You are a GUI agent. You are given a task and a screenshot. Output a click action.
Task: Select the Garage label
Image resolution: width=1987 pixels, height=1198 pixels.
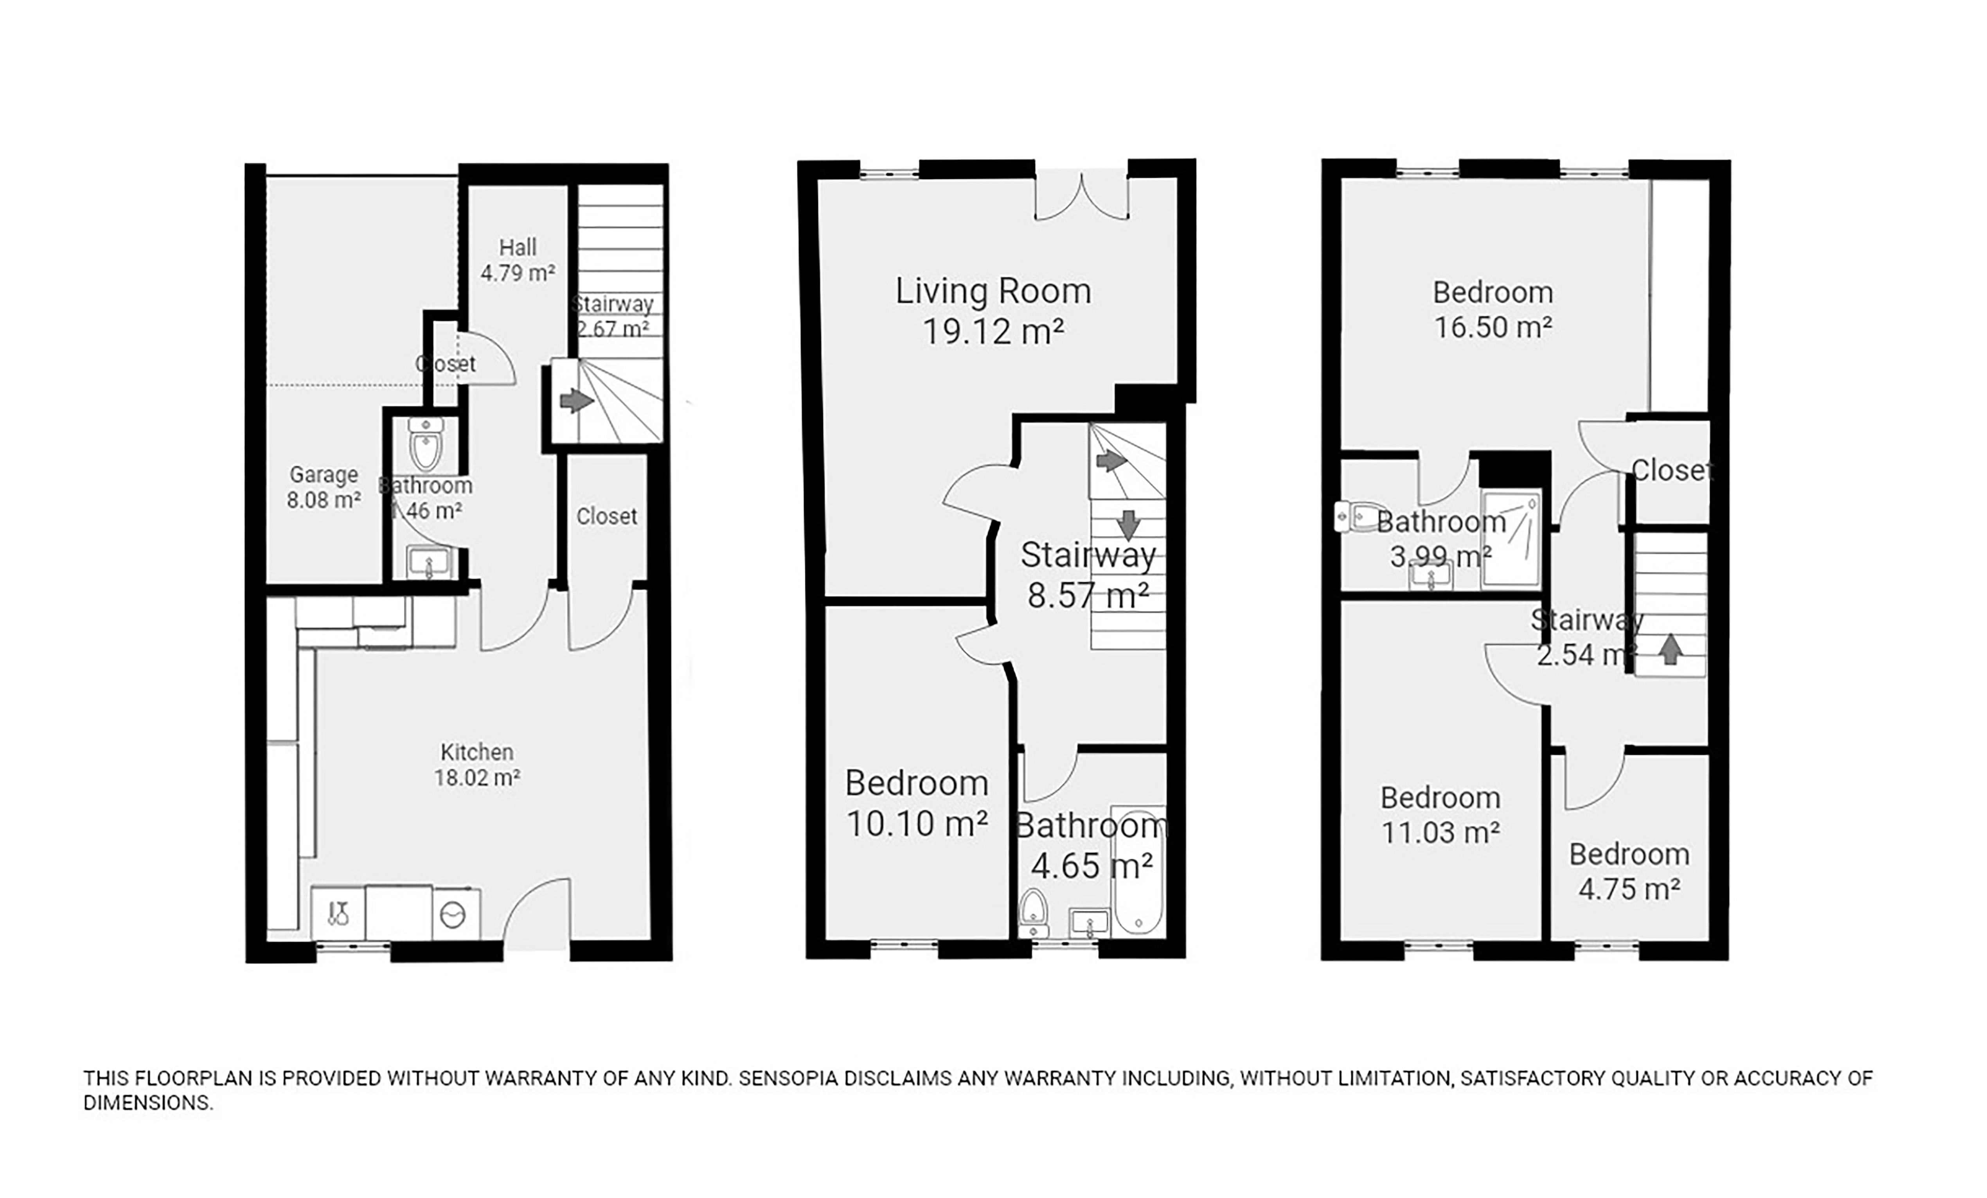pyautogui.click(x=324, y=475)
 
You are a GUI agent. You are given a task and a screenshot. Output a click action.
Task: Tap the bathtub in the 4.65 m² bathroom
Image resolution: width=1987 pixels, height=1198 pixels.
pyautogui.click(x=1138, y=871)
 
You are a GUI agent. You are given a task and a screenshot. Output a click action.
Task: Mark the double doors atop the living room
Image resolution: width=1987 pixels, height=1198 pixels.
pyautogui.click(x=1081, y=196)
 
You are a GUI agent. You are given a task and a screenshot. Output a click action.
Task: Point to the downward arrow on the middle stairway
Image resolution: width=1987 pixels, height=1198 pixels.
pyautogui.click(x=1128, y=525)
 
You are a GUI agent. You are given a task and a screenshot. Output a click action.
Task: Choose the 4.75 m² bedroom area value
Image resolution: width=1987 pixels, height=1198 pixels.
pyautogui.click(x=1629, y=889)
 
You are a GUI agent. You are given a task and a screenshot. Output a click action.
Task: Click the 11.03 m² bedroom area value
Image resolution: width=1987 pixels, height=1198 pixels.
pyautogui.click(x=1440, y=832)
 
